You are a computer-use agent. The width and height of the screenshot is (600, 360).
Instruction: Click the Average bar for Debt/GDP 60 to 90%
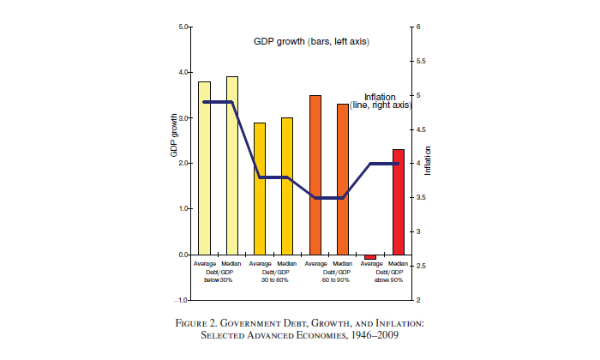315,175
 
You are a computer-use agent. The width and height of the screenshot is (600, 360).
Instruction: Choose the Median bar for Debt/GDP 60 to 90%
342,179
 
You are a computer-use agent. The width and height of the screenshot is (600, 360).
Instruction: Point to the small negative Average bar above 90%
369,257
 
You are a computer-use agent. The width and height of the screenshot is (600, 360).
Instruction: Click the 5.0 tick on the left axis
183,27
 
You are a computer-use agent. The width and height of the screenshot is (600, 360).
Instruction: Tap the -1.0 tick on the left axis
181,301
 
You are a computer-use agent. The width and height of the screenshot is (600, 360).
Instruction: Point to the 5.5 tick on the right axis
419,62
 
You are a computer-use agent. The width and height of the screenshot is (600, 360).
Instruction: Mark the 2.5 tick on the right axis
419,267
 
